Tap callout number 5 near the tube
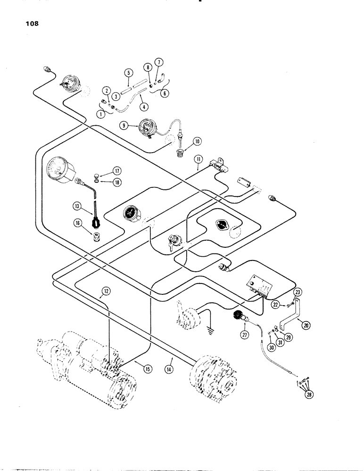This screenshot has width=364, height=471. pos(127,73)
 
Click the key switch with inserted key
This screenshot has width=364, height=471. pos(172,244)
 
